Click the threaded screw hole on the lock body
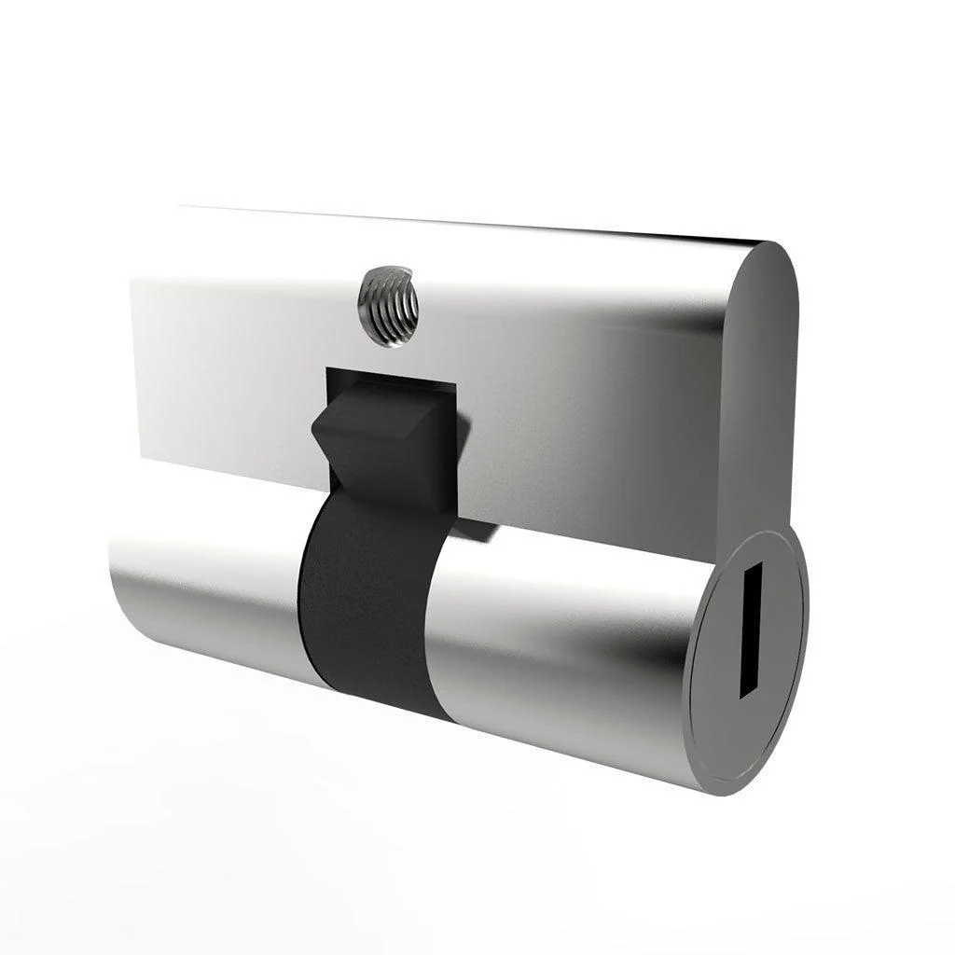[x=387, y=305]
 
